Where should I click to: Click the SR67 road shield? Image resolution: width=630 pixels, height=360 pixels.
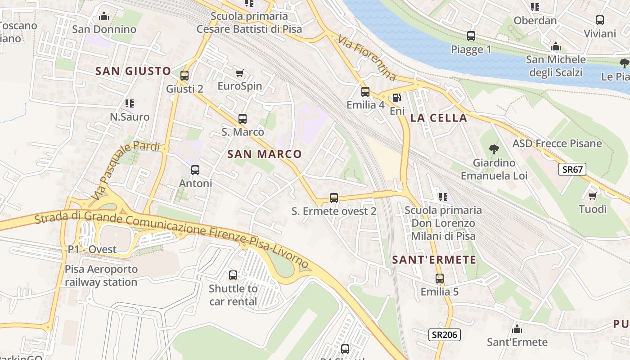573,170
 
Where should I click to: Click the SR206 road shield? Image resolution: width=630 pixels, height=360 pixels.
444,334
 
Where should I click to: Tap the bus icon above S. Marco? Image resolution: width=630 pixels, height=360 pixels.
243,119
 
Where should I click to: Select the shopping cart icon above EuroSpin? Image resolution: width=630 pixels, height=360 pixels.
239,73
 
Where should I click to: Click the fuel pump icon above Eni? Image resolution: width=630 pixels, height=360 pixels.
396,98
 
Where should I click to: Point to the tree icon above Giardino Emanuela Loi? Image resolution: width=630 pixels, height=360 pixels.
494,149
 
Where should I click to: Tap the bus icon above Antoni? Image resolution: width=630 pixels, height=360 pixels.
195,170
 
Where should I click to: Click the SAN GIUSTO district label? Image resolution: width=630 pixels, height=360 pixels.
133,71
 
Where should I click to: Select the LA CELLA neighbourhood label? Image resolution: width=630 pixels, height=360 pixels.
438,118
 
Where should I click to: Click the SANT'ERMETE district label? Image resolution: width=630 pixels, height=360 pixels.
434,260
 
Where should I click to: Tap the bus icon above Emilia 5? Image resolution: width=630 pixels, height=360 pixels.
439,279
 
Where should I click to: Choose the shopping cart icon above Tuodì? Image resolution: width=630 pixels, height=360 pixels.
593,196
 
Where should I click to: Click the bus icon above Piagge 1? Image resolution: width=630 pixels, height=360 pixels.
471,36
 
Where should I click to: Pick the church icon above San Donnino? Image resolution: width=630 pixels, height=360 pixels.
104,17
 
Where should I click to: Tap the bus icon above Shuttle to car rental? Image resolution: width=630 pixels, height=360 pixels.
233,275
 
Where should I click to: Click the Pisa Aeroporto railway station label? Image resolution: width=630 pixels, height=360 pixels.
101,276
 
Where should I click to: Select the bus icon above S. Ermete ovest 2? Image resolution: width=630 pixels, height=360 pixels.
334,198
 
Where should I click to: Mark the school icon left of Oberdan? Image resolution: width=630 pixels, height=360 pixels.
535,7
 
